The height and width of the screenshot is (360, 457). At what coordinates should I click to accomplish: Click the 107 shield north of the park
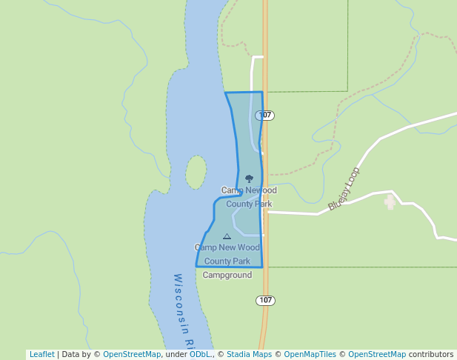[265, 116]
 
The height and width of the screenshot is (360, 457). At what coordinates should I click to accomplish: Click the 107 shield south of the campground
[266, 300]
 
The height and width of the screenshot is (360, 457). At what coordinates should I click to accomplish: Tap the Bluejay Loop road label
[344, 188]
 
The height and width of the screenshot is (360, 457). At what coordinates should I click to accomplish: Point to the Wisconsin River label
[183, 311]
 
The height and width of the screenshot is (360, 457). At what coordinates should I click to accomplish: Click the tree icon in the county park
[249, 179]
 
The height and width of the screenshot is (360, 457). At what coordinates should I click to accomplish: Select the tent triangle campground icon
[227, 236]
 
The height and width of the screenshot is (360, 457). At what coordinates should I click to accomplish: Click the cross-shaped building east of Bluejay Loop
[390, 202]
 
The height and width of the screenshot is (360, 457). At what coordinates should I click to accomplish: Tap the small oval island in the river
[196, 172]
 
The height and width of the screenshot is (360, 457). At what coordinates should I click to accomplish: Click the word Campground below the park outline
[227, 275]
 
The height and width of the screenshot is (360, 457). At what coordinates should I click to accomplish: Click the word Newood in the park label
[261, 190]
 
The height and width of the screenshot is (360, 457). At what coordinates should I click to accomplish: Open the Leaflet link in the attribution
[41, 354]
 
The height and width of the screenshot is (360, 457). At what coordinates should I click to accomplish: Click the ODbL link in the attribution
[200, 354]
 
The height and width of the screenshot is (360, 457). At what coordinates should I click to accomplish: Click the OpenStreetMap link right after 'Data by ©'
[132, 354]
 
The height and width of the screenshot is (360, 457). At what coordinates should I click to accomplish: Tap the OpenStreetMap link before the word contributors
[376, 354]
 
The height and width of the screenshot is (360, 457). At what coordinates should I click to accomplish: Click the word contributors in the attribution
[430, 354]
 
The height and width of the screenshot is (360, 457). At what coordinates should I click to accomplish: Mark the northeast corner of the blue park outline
[262, 93]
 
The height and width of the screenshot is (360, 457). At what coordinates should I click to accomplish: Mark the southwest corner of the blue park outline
[196, 266]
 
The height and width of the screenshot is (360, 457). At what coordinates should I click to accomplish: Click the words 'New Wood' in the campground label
[241, 247]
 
